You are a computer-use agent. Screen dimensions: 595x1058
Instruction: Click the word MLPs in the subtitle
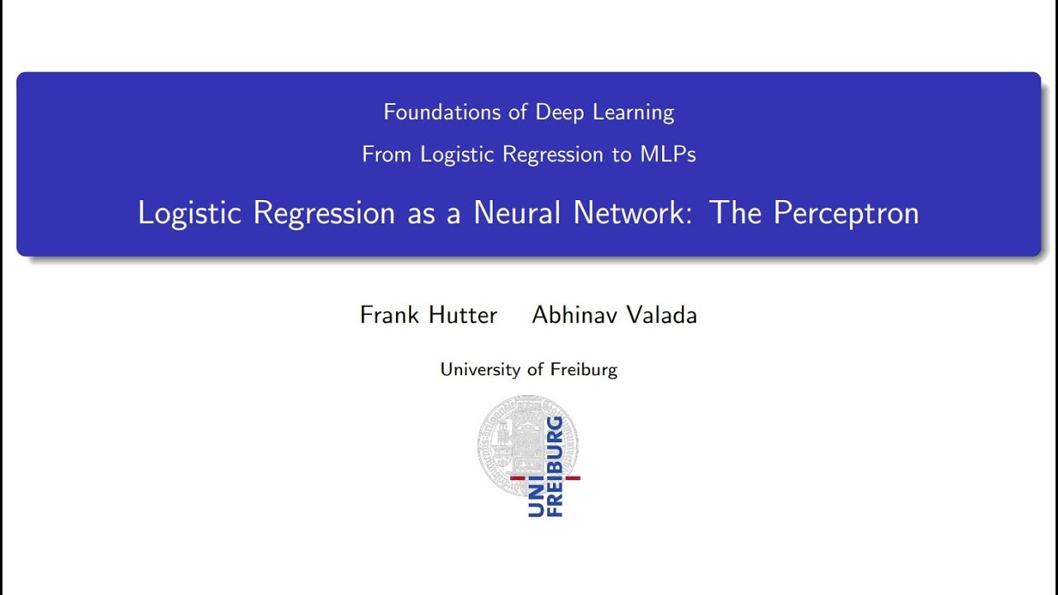tap(667, 155)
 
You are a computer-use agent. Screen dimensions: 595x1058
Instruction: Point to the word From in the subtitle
tap(387, 155)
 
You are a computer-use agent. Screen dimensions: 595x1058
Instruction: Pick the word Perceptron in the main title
tap(846, 213)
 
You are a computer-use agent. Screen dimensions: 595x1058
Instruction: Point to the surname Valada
tap(663, 315)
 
